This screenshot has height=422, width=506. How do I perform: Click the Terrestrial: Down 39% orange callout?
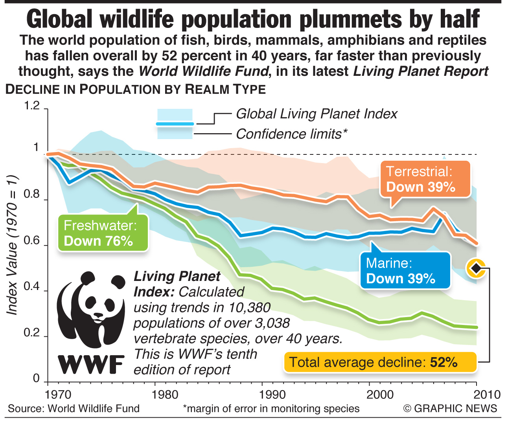tap(425, 179)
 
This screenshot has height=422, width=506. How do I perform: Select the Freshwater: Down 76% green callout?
tap(103, 233)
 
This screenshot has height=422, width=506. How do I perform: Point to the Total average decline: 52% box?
tap(380, 362)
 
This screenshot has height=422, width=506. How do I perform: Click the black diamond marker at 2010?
tap(476, 268)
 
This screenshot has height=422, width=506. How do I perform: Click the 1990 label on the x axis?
tap(272, 394)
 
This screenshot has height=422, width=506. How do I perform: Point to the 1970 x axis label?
tap(58, 394)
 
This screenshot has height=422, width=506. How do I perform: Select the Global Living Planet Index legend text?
tap(316, 114)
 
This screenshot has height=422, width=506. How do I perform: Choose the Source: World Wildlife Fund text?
tap(74, 408)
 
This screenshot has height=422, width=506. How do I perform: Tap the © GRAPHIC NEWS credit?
tap(450, 408)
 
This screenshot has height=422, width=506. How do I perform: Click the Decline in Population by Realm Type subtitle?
tap(136, 89)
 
